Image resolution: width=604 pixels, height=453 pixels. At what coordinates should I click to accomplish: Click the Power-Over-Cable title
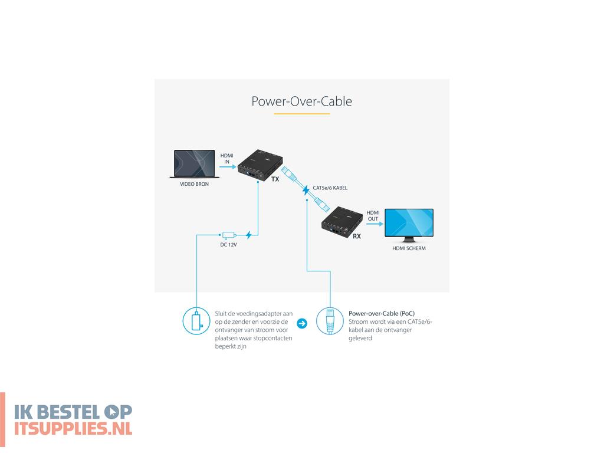tap(301, 101)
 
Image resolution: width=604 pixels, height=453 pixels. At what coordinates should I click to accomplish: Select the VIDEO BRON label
tap(194, 184)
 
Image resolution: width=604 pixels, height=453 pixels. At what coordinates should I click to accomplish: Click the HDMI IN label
tap(226, 157)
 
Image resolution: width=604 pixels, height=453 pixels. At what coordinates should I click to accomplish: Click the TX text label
tap(275, 179)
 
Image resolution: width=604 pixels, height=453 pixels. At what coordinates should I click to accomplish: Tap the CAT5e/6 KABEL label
tap(330, 188)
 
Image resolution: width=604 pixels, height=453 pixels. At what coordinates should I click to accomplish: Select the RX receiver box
tap(343, 221)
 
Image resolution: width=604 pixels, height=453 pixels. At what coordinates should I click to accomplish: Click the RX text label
tap(357, 236)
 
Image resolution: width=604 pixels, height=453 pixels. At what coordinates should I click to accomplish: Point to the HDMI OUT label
tap(373, 216)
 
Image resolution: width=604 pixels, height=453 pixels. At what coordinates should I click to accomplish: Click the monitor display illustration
tap(409, 225)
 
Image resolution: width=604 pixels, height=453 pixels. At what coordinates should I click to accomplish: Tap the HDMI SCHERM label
tap(409, 249)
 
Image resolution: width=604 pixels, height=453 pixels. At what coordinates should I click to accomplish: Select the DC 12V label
tap(228, 244)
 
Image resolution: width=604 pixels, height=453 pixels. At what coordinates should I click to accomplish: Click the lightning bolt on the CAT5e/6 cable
tap(306, 190)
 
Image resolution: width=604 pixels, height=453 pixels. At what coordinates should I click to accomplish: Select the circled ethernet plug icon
tap(330, 322)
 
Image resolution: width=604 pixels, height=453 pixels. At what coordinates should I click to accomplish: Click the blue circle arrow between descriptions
tap(301, 323)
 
